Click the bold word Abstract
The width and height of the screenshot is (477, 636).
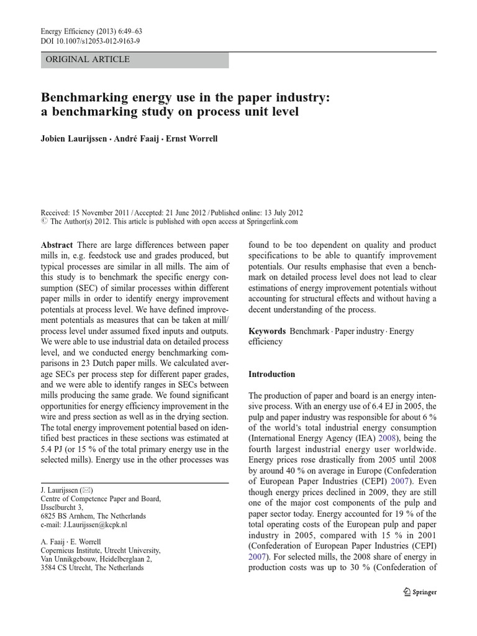point(57,245)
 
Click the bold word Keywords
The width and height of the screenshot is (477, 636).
point(267,331)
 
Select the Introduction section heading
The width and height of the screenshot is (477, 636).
point(272,375)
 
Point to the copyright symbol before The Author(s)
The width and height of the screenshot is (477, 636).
point(43,220)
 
